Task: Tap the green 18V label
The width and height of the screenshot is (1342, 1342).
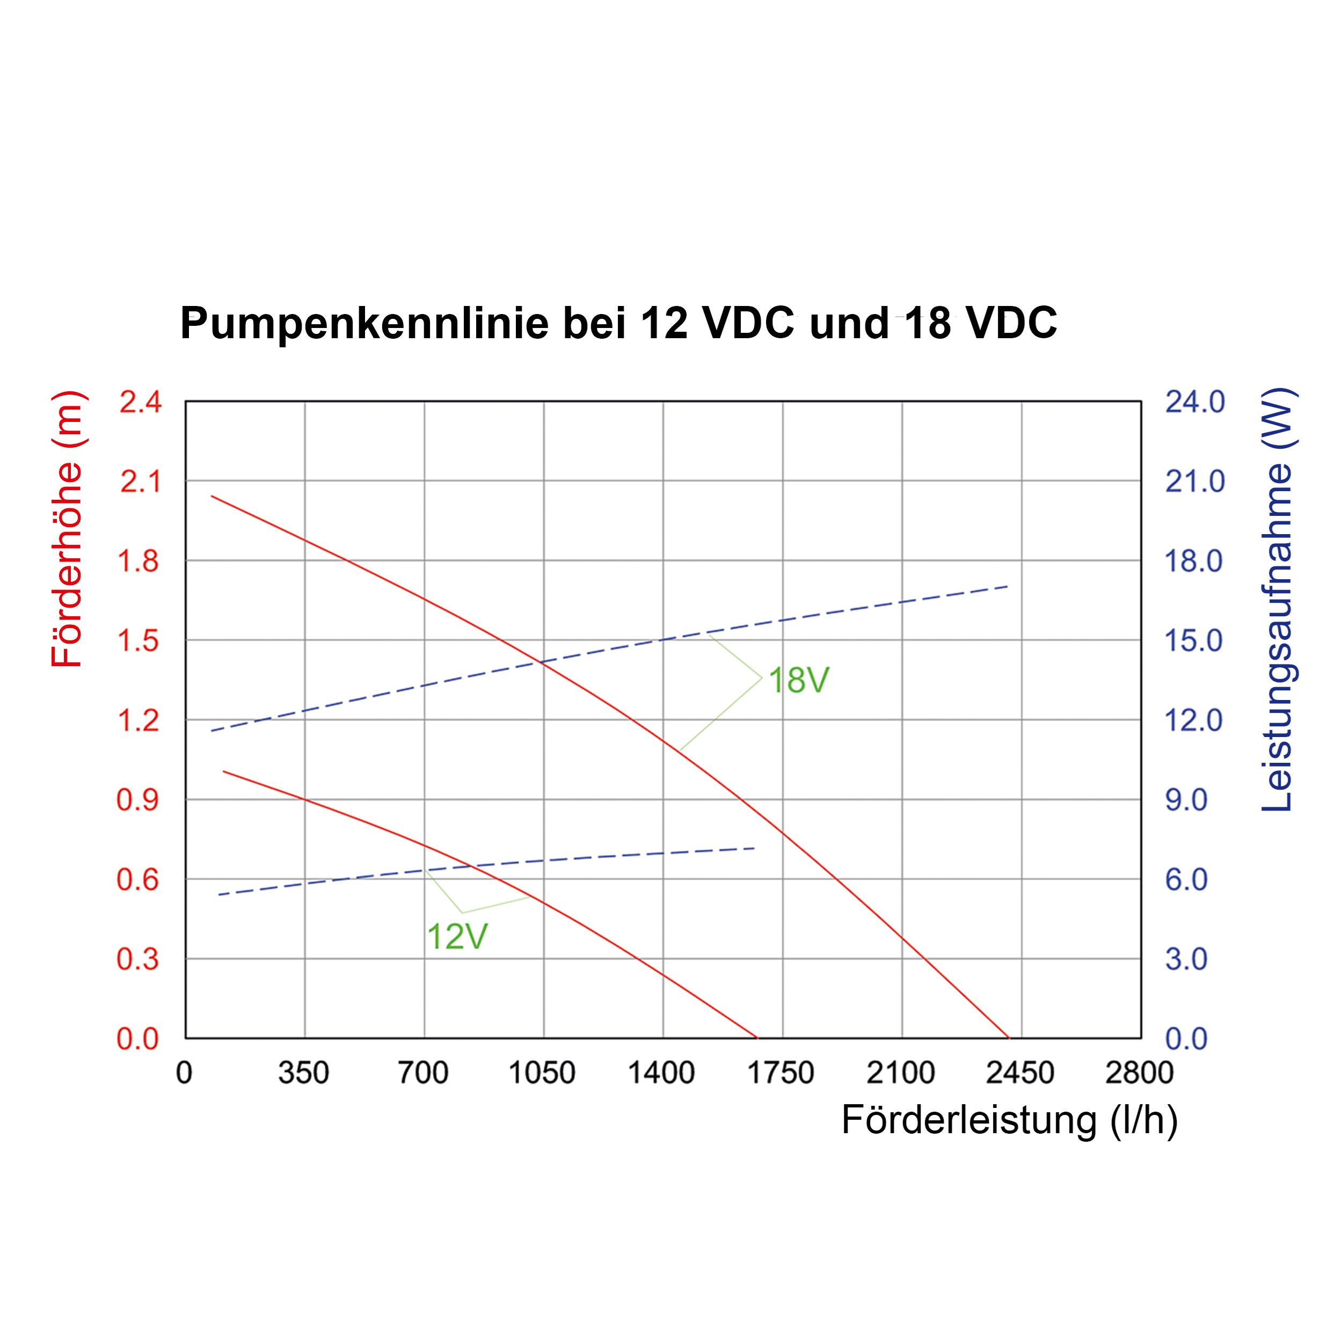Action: coord(799,680)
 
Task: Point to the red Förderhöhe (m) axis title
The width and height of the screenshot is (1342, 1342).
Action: coord(68,530)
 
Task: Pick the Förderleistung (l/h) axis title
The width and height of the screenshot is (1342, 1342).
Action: coord(1009,1120)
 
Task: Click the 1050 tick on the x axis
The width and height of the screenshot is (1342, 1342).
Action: coord(543,1073)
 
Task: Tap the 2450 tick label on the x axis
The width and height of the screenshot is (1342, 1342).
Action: coord(1020,1073)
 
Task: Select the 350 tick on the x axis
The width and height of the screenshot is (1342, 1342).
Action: coord(303,1073)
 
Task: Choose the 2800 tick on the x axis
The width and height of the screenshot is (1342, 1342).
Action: coord(1139,1073)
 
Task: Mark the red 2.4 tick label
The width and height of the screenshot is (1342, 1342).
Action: coord(140,402)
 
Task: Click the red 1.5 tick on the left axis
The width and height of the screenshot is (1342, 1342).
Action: coord(138,640)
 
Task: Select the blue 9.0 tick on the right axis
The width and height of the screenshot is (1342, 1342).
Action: coord(1186,800)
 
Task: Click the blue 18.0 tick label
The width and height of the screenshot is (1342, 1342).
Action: coord(1193,561)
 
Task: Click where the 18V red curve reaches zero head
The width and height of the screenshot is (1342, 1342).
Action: coord(1009,1038)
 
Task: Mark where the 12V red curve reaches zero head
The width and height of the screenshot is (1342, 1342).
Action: coord(756,1038)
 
